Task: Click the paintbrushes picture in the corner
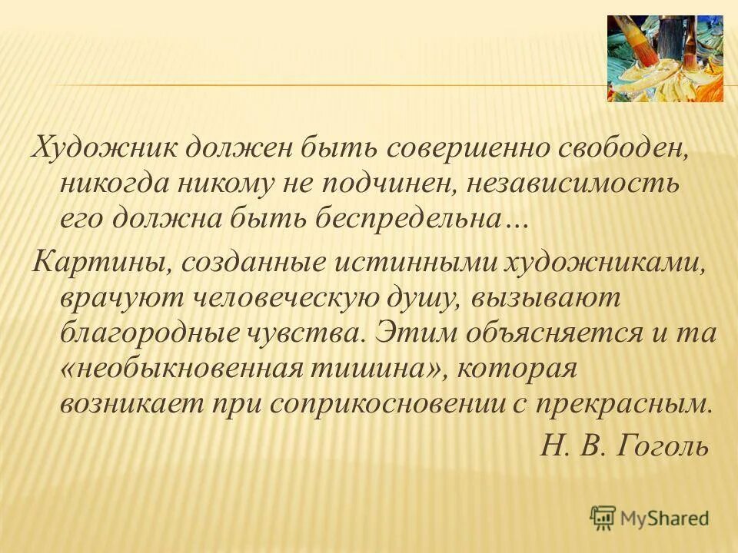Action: click(665, 58)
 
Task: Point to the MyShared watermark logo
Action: click(650, 517)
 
